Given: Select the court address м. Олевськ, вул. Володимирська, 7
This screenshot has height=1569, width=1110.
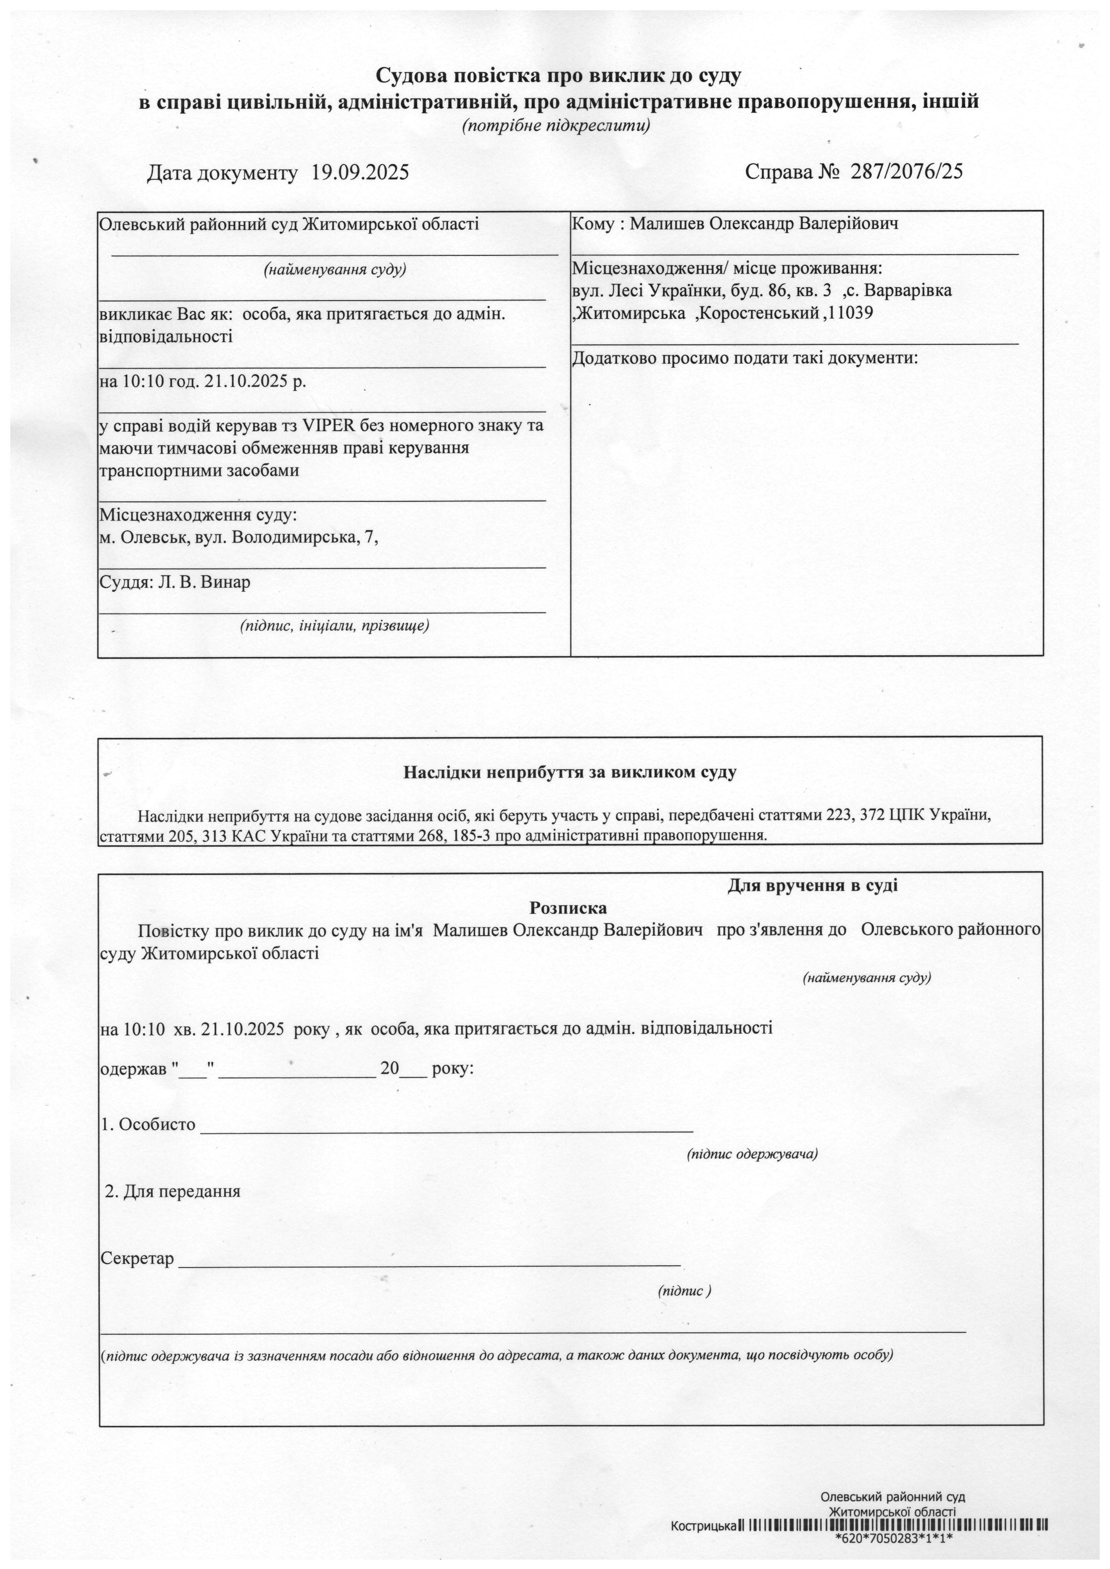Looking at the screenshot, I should tap(238, 538).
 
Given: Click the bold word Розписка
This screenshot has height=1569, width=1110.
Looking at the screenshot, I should tap(568, 908).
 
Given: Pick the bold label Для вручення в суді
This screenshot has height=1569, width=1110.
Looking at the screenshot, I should tap(812, 886).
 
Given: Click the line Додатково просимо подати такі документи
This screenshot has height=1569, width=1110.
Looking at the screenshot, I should tap(745, 358).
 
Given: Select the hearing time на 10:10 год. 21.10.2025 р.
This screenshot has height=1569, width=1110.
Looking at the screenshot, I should tap(202, 382).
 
